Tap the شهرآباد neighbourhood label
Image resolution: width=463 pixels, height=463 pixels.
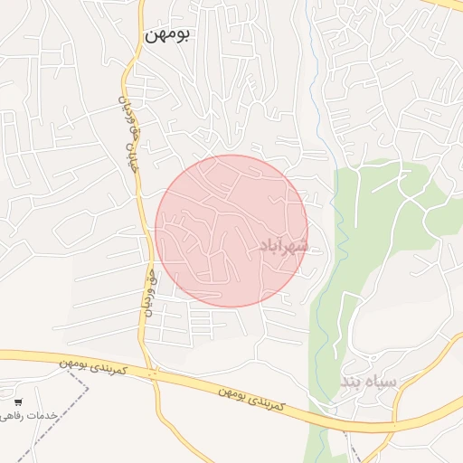pyautogui.click(x=284, y=245)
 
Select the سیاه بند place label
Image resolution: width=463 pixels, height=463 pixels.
pyautogui.click(x=368, y=382)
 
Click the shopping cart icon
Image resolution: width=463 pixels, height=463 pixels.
pyautogui.click(x=19, y=402)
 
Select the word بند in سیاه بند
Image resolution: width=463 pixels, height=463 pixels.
pyautogui.click(x=353, y=383)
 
